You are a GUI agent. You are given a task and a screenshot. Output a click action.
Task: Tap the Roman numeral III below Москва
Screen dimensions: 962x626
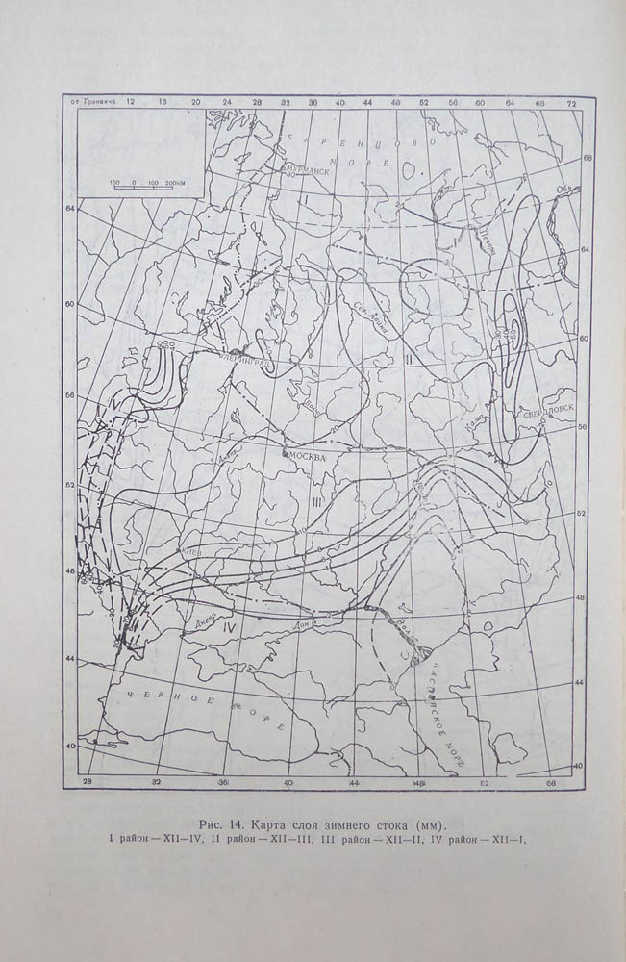[x=315, y=501]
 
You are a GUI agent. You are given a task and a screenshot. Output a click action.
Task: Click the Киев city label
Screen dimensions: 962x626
[x=191, y=552]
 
